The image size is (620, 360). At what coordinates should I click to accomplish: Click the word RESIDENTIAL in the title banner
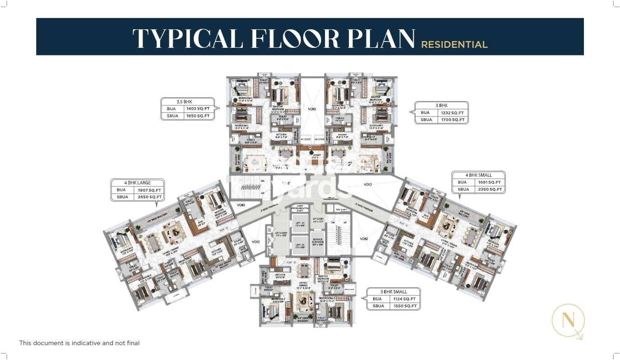(454, 45)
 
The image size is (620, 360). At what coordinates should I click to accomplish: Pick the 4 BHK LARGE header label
(138, 183)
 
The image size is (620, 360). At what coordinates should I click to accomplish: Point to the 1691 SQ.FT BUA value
(489, 182)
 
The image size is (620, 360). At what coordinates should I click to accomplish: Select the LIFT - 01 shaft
(300, 222)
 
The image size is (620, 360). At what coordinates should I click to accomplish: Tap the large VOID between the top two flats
(311, 109)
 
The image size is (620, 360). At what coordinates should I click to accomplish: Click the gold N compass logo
(568, 321)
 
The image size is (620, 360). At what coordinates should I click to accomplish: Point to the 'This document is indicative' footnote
(79, 343)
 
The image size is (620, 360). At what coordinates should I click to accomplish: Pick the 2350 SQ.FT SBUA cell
(489, 189)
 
